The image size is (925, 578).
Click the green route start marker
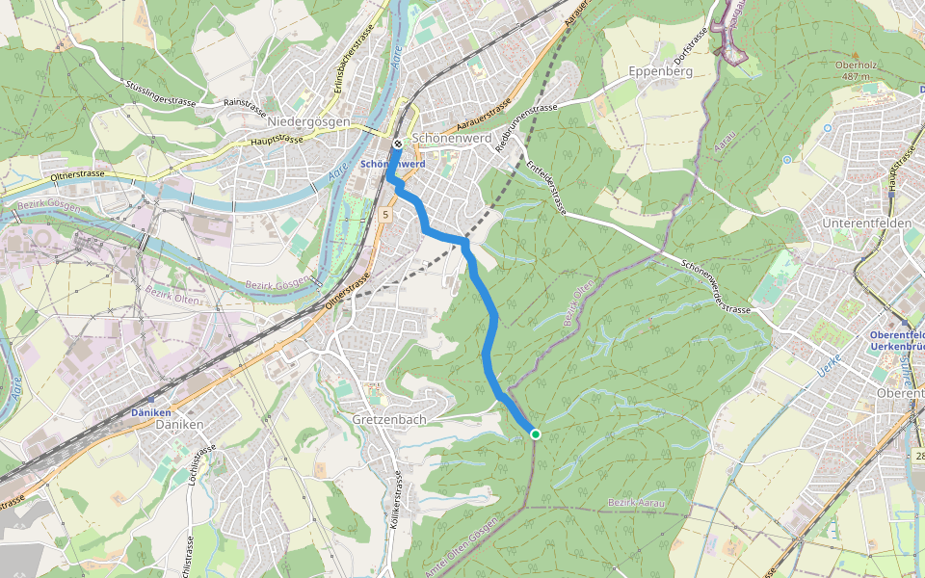tap(536, 434)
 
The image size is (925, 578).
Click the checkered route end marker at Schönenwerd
tap(397, 144)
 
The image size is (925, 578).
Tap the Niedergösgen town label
tap(308, 122)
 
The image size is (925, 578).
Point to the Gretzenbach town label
tap(389, 421)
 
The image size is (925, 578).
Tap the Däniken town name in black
tap(179, 424)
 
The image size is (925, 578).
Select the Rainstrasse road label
tap(244, 101)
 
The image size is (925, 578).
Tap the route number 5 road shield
tap(384, 214)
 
